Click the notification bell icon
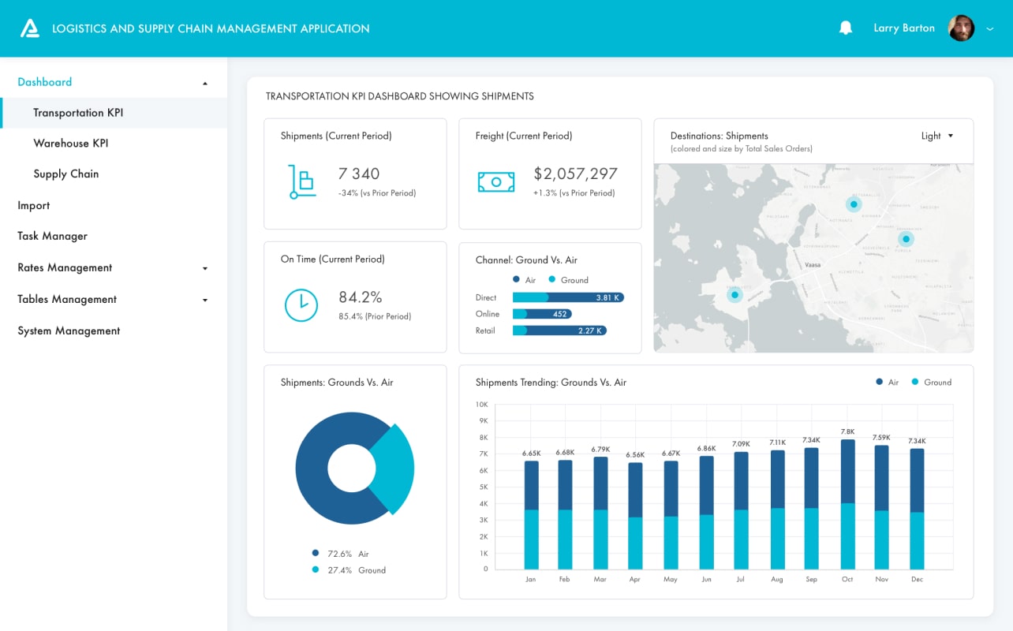[846, 28]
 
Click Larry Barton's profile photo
[961, 28]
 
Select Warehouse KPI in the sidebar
[71, 144]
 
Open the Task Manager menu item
[53, 236]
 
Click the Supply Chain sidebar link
[66, 174]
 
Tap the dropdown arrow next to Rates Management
[205, 268]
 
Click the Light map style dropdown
[937, 136]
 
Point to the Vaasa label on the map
[813, 265]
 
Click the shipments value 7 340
[359, 174]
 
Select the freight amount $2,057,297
[575, 174]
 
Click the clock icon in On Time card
[301, 305]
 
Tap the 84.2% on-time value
[361, 297]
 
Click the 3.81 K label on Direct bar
[607, 297]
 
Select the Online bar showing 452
[542, 314]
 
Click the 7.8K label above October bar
[847, 431]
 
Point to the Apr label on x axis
[635, 580]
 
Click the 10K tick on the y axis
[481, 405]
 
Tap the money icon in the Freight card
[496, 182]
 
